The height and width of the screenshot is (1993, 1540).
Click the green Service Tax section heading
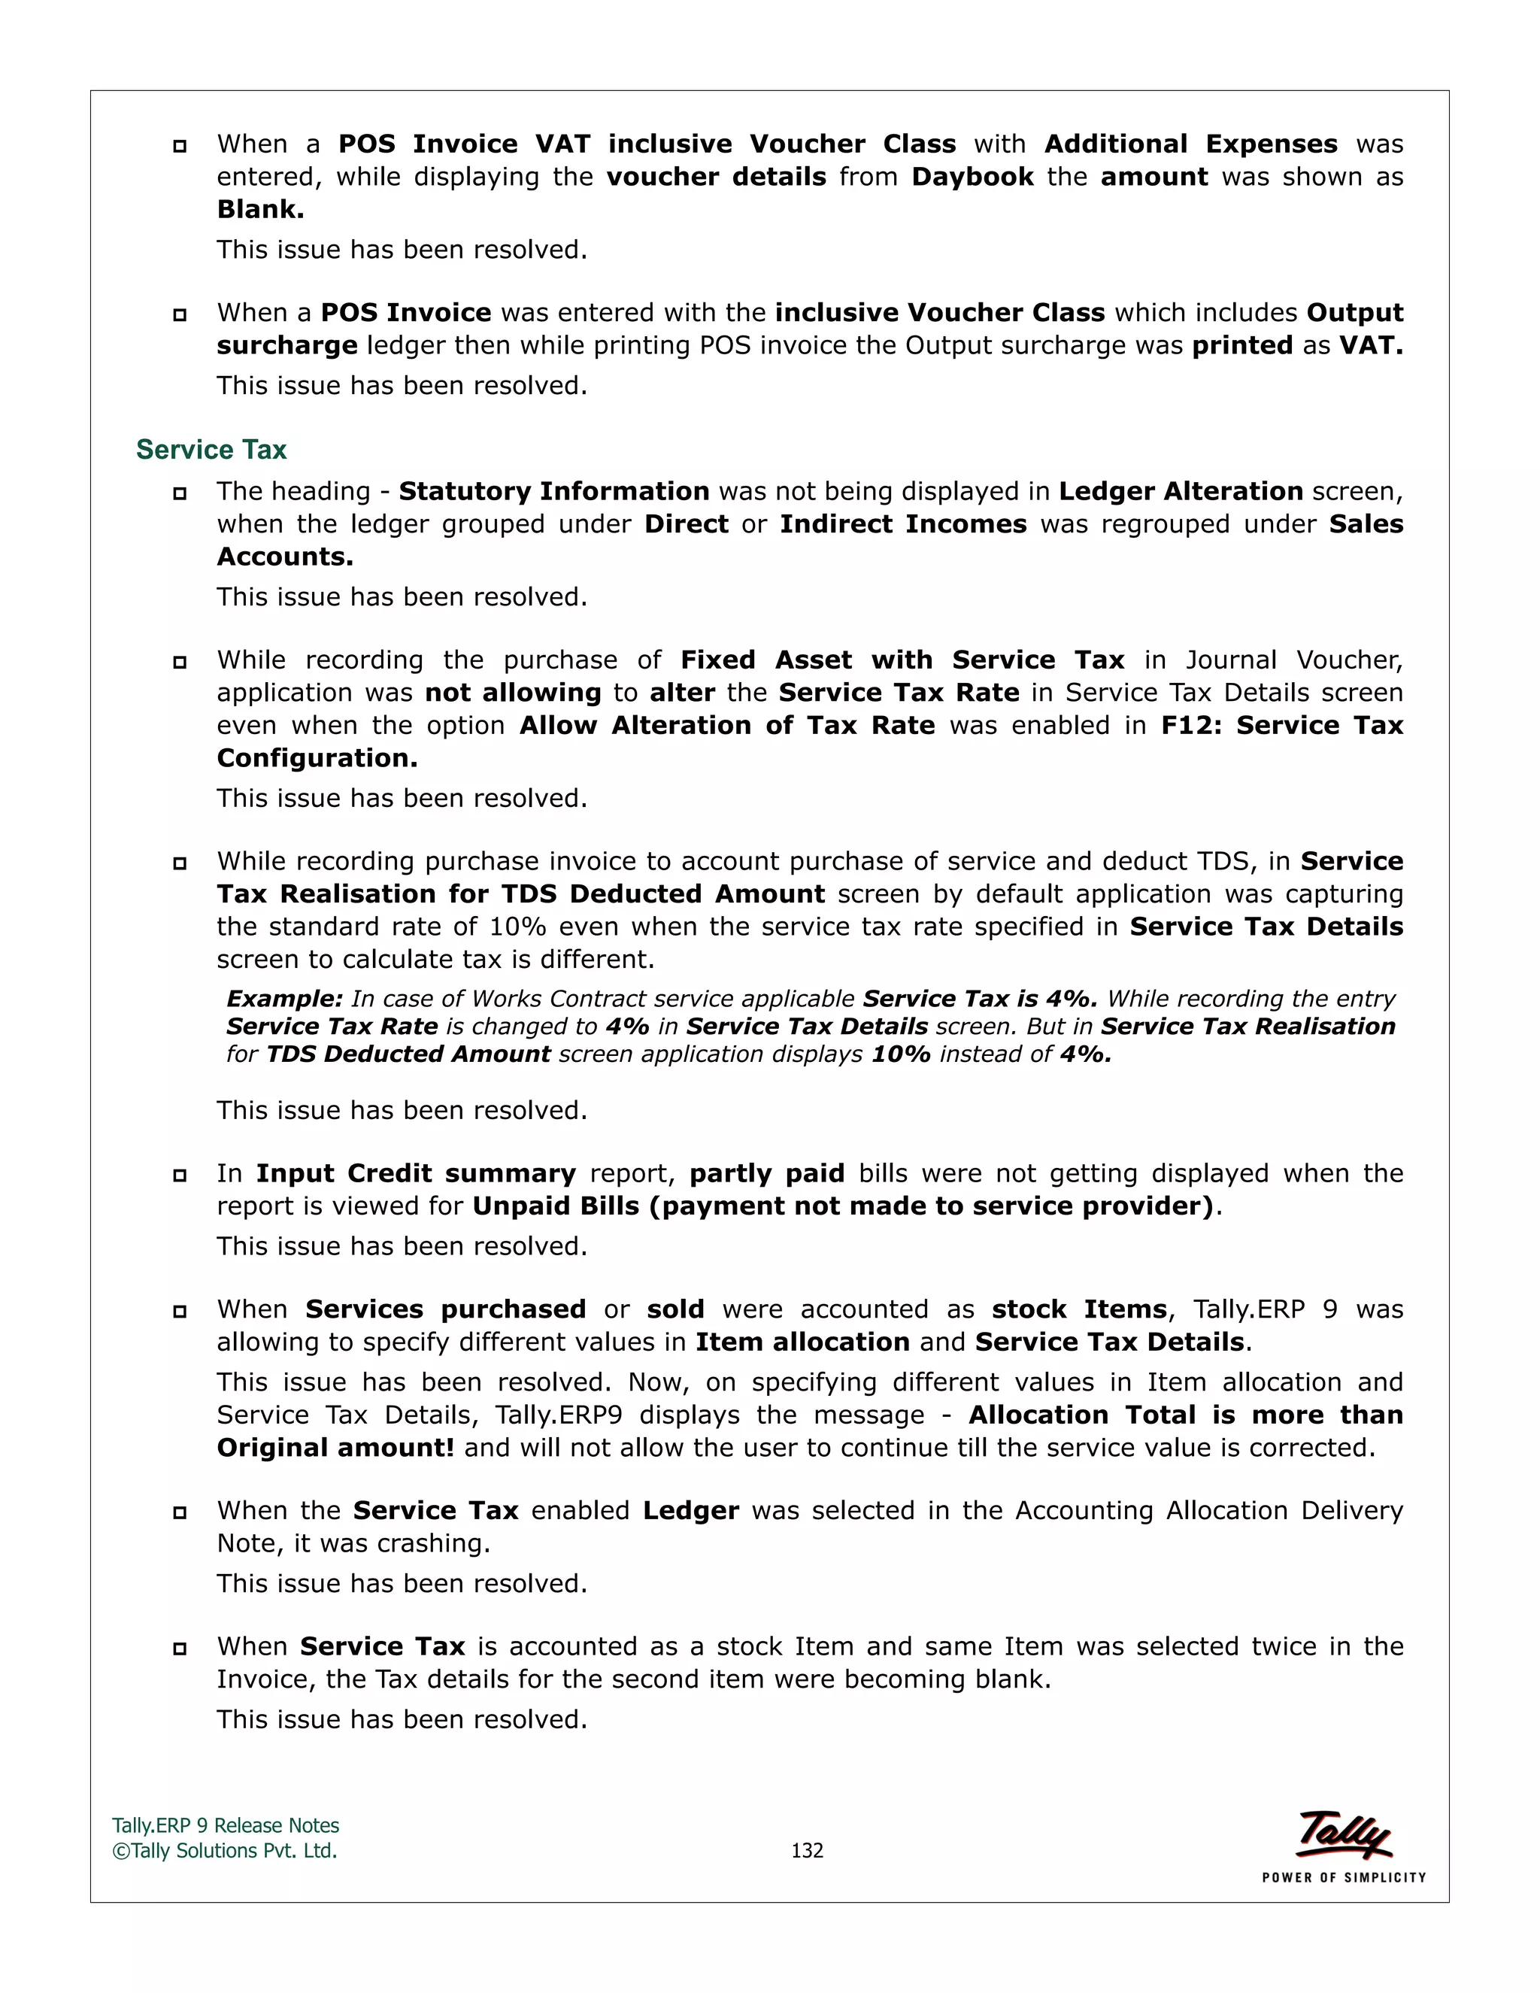tap(211, 450)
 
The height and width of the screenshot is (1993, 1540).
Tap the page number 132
tap(807, 1850)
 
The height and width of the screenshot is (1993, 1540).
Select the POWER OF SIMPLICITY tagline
tap(1343, 1877)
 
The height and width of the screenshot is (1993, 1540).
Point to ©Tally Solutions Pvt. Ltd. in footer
tap(224, 1850)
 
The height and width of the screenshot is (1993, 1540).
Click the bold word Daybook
tap(972, 177)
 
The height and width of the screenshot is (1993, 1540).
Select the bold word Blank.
tap(260, 210)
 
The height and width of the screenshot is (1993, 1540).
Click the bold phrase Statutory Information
tap(553, 492)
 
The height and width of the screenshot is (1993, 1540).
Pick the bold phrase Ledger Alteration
tap(1180, 492)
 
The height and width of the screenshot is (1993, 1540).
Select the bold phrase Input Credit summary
tap(415, 1173)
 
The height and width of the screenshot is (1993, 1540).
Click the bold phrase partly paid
tap(766, 1173)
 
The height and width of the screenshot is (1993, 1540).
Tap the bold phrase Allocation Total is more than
tap(1185, 1415)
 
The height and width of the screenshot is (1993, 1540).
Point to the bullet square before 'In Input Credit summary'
tap(180, 1175)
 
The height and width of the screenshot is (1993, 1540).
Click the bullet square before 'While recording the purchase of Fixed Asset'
tap(180, 662)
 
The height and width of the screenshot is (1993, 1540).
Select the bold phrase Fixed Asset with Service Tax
tap(902, 660)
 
